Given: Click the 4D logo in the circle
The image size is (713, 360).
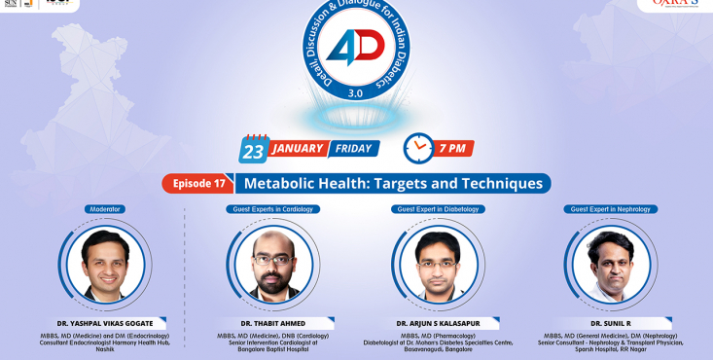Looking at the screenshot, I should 356,52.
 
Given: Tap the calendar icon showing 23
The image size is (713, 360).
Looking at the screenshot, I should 254,149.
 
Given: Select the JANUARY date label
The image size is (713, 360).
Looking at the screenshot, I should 297,150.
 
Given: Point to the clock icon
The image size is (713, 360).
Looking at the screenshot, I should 418,149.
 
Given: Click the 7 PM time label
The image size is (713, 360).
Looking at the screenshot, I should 455,149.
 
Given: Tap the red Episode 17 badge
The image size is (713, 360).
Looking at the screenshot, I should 198,183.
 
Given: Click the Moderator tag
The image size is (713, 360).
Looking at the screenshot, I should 106,209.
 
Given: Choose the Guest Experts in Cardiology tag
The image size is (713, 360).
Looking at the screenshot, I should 274,209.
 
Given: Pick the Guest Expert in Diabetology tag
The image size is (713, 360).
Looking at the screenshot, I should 438,209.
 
